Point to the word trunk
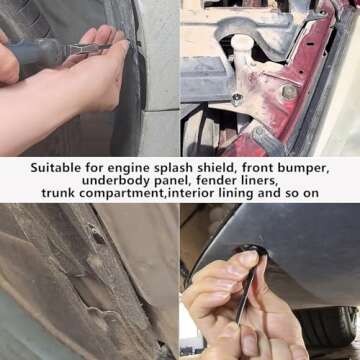(59, 193)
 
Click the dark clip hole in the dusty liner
(97, 238)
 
